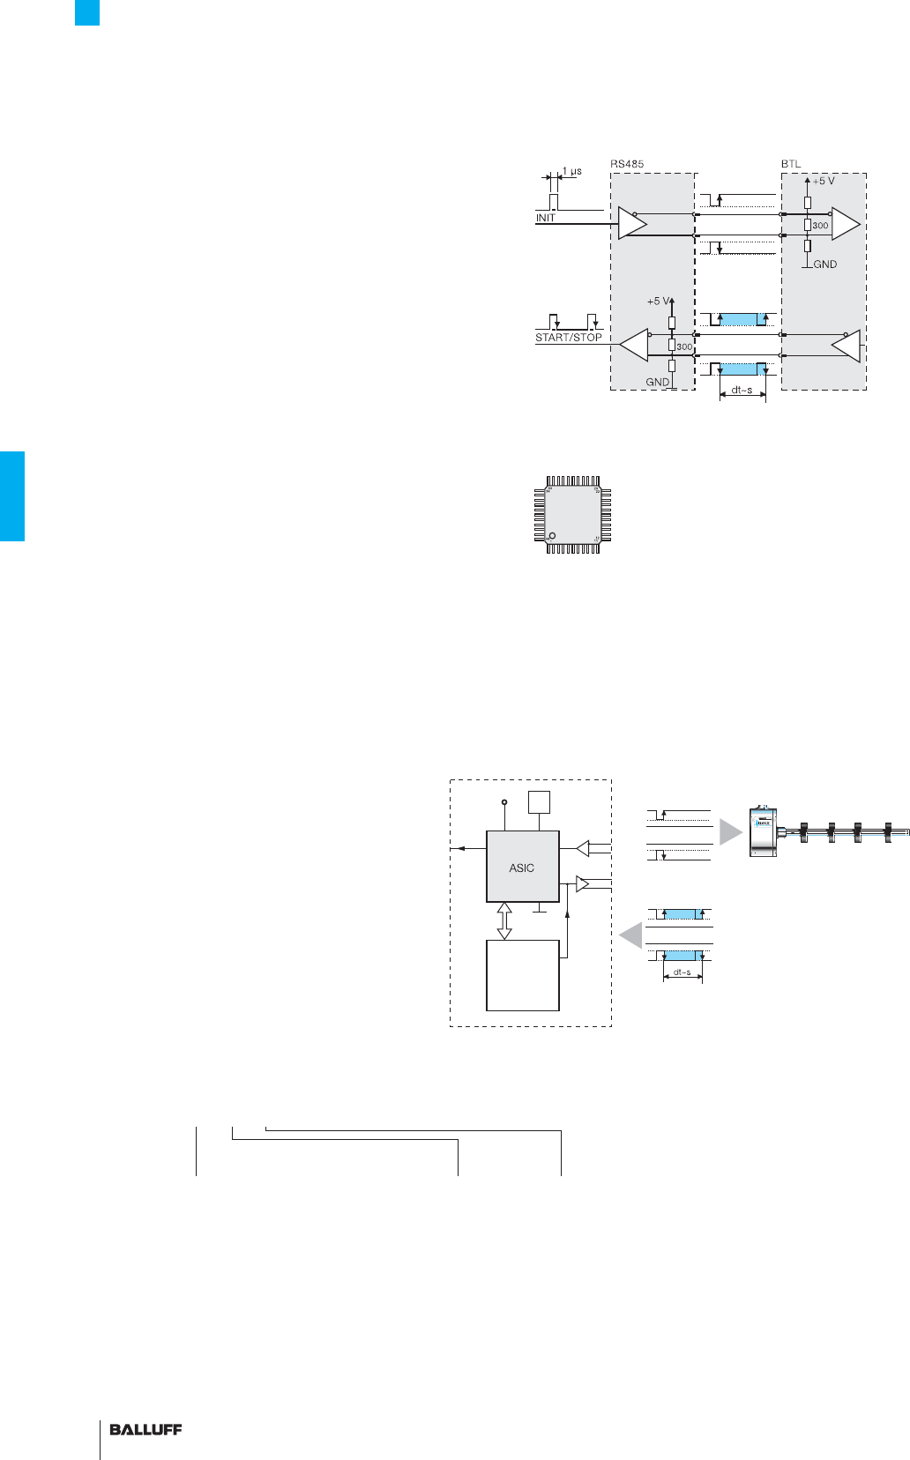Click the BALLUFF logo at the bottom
[145, 1430]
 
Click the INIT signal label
[546, 218]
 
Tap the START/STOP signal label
[569, 338]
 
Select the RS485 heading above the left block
[627, 164]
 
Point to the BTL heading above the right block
[791, 164]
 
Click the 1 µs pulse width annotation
[571, 172]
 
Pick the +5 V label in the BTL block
[823, 181]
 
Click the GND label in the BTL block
[824, 264]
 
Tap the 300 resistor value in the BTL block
[820, 226]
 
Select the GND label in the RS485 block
[657, 383]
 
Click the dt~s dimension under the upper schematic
[742, 391]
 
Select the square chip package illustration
[573, 515]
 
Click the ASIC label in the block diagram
[522, 868]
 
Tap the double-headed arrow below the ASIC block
[504, 920]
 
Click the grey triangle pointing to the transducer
[731, 832]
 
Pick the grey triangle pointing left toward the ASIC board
[630, 935]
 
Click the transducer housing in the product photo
[762, 831]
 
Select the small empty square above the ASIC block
[539, 802]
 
